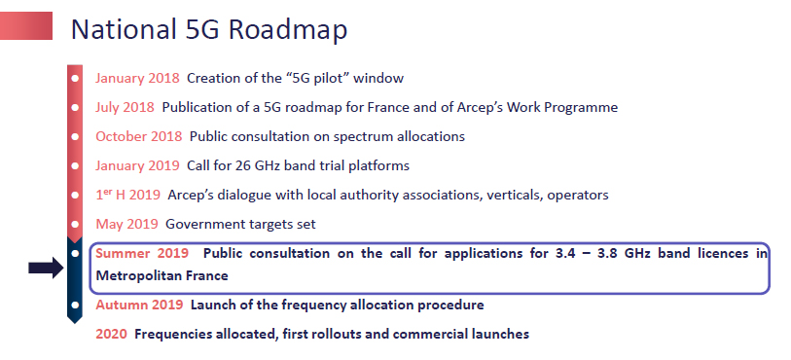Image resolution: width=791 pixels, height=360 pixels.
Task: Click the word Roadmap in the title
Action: tap(288, 30)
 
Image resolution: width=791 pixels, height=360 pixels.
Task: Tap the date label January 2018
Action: tap(137, 78)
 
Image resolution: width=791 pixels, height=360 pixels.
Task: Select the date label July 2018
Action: tap(125, 107)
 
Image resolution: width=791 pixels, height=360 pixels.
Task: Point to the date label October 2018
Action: tap(139, 136)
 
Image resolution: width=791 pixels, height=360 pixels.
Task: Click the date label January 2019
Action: tap(137, 165)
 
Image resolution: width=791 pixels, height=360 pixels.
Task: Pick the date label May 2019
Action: tap(126, 224)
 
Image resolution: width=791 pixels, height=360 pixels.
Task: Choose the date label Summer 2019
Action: tap(142, 253)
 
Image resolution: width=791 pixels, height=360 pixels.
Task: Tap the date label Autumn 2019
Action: tap(139, 306)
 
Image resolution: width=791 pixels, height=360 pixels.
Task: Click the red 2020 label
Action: tap(111, 334)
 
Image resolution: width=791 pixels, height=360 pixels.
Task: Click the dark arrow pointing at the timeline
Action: tap(46, 268)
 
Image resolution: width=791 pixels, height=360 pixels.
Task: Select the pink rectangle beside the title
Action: tap(26, 25)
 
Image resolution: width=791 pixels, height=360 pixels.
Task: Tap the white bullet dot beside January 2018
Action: tap(75, 79)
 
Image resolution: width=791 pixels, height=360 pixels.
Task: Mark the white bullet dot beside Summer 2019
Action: tap(75, 254)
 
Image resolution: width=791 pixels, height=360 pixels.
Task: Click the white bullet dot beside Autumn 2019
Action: tap(75, 306)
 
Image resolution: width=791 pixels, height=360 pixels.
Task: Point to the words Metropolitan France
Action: tap(162, 275)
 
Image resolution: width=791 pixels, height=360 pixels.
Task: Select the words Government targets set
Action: tap(240, 224)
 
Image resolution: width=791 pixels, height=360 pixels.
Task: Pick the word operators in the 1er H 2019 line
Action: tap(578, 196)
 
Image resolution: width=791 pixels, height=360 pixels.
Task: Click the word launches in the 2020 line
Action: tap(500, 334)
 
